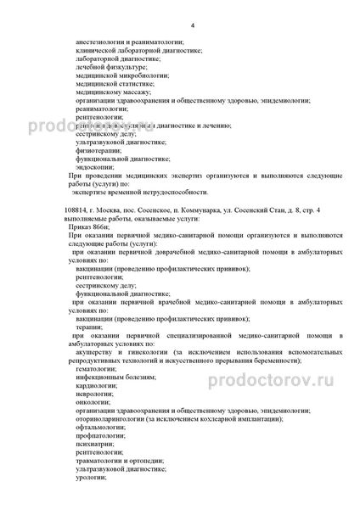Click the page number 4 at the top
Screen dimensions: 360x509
tap(193, 27)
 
